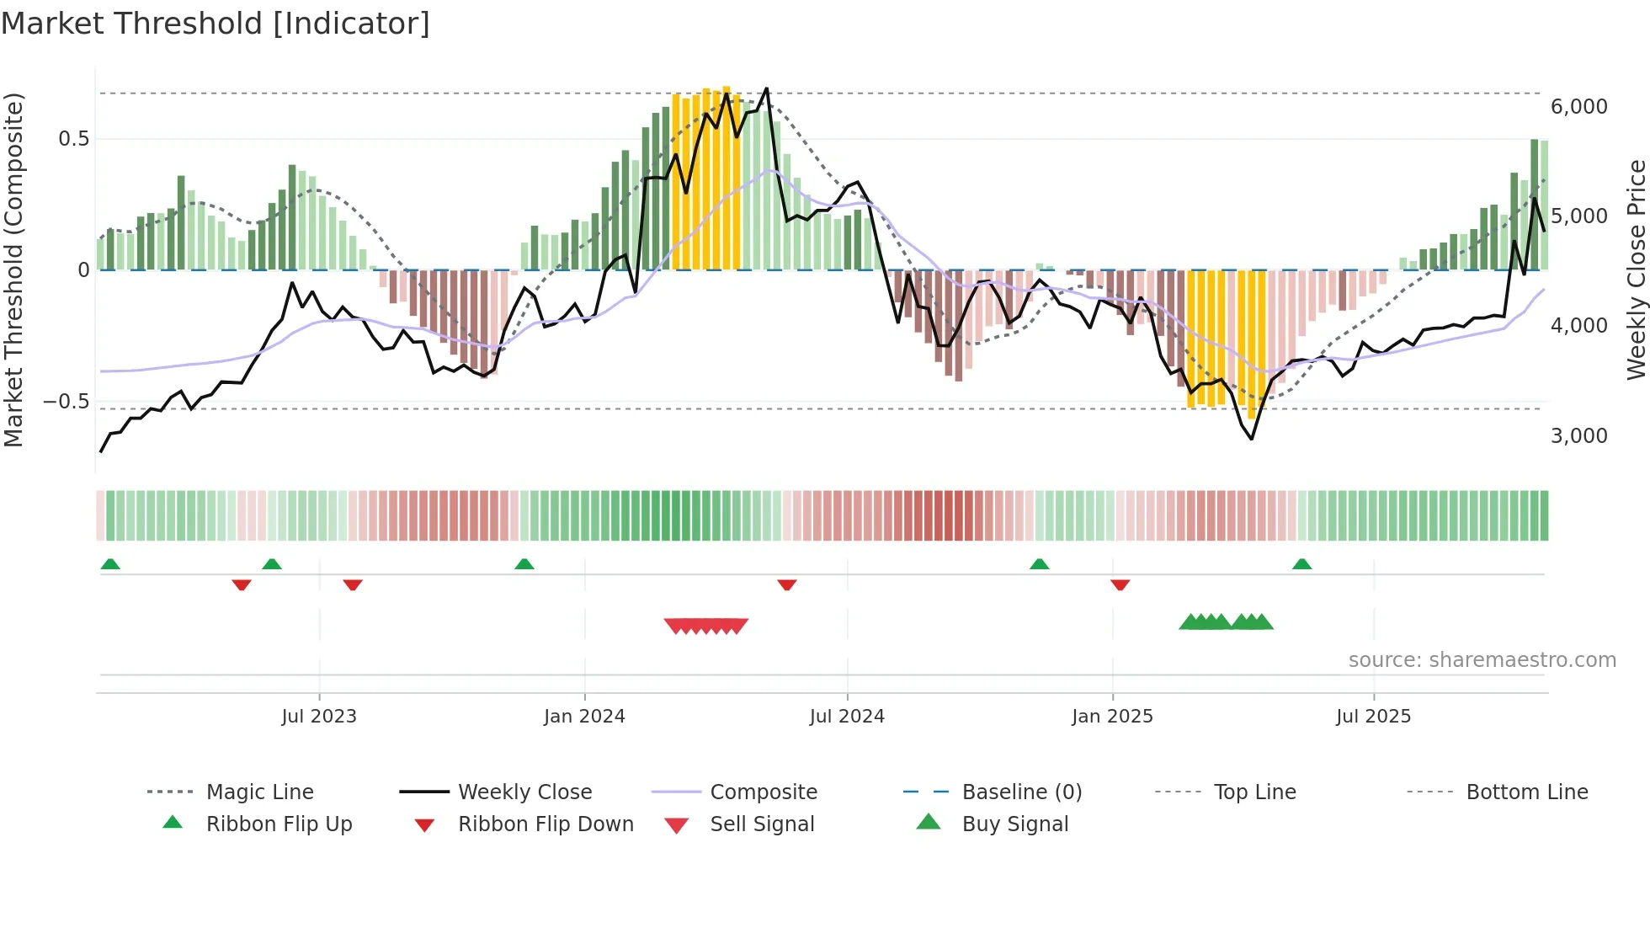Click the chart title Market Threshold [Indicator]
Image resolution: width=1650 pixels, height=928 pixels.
click(x=216, y=24)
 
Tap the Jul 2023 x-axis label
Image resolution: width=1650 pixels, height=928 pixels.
click(x=319, y=717)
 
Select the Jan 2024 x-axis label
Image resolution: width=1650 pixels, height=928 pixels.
click(x=584, y=717)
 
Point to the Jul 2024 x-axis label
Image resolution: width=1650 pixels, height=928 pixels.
click(x=847, y=717)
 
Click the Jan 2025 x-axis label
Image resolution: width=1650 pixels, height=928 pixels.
click(x=1112, y=717)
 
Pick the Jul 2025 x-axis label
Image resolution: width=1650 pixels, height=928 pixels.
click(x=1373, y=717)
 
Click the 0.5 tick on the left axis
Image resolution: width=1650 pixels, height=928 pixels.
click(x=73, y=139)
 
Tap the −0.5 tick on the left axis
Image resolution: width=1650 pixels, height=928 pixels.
click(x=67, y=402)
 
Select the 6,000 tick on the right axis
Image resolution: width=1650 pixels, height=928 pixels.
click(x=1578, y=107)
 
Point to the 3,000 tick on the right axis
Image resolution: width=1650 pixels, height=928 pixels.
click(x=1578, y=436)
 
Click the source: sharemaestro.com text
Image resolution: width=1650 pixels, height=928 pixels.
click(x=1482, y=660)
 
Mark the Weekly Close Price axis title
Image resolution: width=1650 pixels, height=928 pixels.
click(x=1636, y=269)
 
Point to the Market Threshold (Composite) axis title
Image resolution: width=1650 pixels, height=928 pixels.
click(x=13, y=269)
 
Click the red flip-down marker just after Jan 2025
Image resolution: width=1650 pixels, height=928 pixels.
click(x=1120, y=584)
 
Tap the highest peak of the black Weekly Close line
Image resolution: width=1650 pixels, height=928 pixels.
click(x=766, y=88)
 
